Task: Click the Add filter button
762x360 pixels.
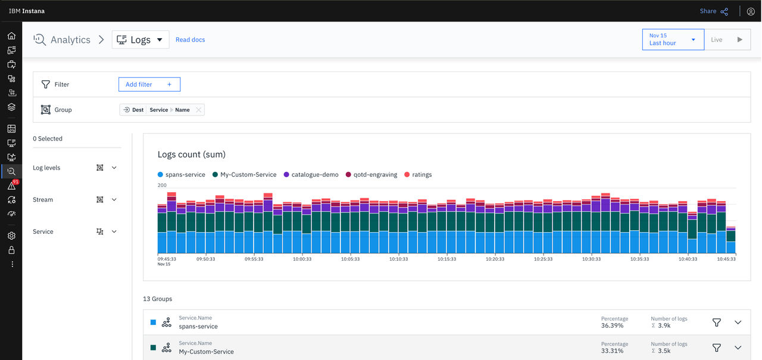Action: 149,84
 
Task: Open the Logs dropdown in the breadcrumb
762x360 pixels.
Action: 140,40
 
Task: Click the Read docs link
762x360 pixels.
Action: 190,40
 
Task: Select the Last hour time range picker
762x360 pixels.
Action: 673,39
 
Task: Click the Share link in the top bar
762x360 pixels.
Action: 714,11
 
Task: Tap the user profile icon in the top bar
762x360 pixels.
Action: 751,11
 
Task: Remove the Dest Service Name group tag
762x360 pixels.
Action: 198,110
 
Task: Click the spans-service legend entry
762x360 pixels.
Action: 182,175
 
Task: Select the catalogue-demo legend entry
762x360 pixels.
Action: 311,175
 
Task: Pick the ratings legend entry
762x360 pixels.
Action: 418,175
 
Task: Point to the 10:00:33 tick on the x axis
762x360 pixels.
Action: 302,259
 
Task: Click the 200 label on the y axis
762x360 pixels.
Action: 162,185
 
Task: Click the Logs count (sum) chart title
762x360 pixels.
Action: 192,154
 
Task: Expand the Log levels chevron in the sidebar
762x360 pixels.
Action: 114,168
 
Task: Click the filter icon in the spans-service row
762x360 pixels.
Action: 716,323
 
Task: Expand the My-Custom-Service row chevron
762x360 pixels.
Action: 738,348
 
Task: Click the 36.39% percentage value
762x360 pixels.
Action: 613,325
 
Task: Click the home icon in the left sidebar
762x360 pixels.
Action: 11,36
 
